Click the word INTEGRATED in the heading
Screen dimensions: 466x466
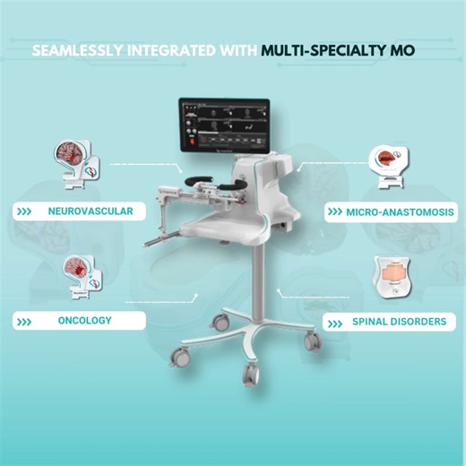pos(171,50)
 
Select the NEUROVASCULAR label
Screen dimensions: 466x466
pos(91,212)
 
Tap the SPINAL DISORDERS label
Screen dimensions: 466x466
pos(399,321)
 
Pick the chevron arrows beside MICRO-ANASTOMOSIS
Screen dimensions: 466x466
pos(334,212)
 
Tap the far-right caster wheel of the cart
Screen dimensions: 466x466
pos(310,341)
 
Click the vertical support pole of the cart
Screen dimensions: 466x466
pos(263,287)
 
